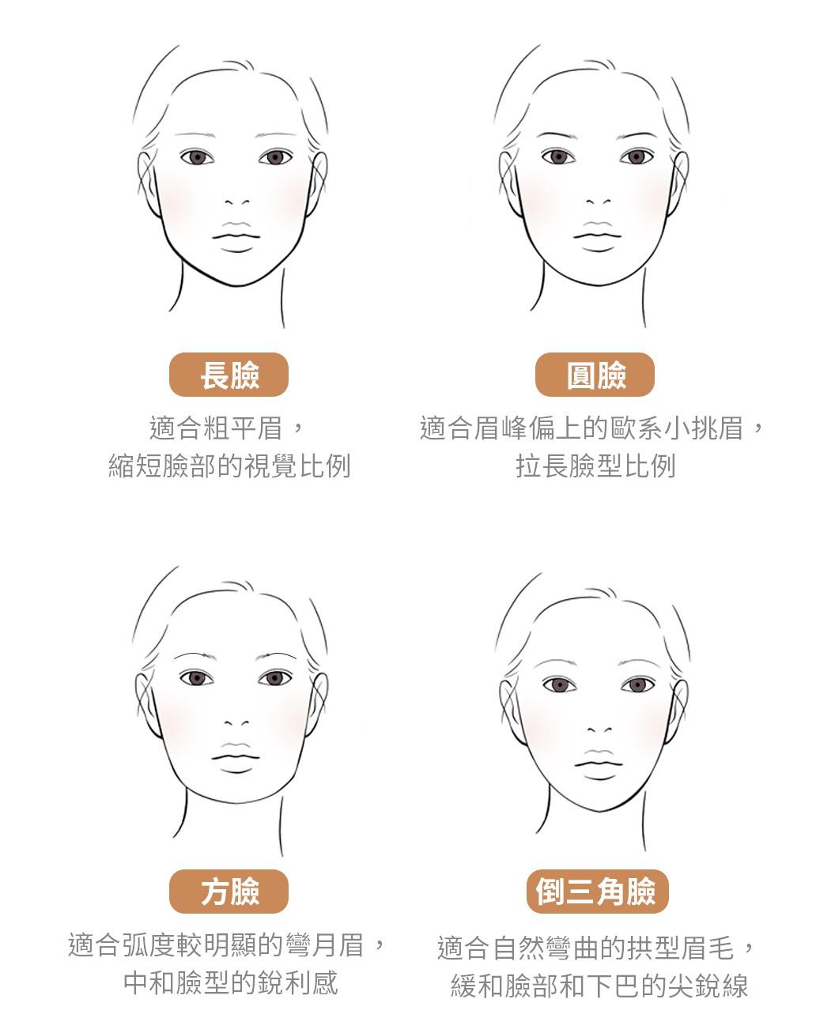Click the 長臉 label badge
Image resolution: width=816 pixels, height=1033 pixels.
pyautogui.click(x=229, y=375)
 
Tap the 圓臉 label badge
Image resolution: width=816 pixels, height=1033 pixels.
pyautogui.click(x=595, y=375)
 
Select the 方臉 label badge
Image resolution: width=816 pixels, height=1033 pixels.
pyautogui.click(x=229, y=892)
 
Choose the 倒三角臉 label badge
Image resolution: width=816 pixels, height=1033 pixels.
pyautogui.click(x=597, y=892)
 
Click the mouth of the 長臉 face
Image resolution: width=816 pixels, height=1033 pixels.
pyautogui.click(x=236, y=236)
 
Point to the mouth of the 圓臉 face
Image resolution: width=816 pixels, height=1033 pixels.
pyautogui.click(x=598, y=236)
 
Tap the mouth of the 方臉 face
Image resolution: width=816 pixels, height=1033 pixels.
pyautogui.click(x=236, y=757)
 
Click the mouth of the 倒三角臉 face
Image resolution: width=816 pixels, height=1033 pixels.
pyautogui.click(x=599, y=763)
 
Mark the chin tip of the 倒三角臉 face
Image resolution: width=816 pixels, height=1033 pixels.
pyautogui.click(x=599, y=811)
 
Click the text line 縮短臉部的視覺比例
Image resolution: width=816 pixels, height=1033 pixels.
pyautogui.click(x=229, y=466)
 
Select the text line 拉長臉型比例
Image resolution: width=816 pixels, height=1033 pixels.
pyautogui.click(x=595, y=466)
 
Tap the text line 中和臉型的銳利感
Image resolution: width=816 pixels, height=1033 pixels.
pyautogui.click(x=231, y=982)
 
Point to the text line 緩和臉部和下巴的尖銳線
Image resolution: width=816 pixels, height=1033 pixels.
pyautogui.click(x=599, y=986)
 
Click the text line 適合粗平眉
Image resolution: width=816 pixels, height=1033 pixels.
pyautogui.click(x=216, y=428)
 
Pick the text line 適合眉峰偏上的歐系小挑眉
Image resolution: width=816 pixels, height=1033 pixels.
pyautogui.click(x=582, y=428)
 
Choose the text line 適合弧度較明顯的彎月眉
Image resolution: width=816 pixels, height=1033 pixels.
pyautogui.click(x=216, y=944)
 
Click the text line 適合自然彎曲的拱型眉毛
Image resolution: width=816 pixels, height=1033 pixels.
pyautogui.click(x=585, y=948)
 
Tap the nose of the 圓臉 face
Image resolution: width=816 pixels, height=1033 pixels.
pyautogui.click(x=599, y=202)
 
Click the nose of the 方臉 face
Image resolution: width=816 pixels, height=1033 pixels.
pyautogui.click(x=236, y=722)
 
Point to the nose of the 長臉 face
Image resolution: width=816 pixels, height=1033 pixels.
pyautogui.click(x=237, y=202)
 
